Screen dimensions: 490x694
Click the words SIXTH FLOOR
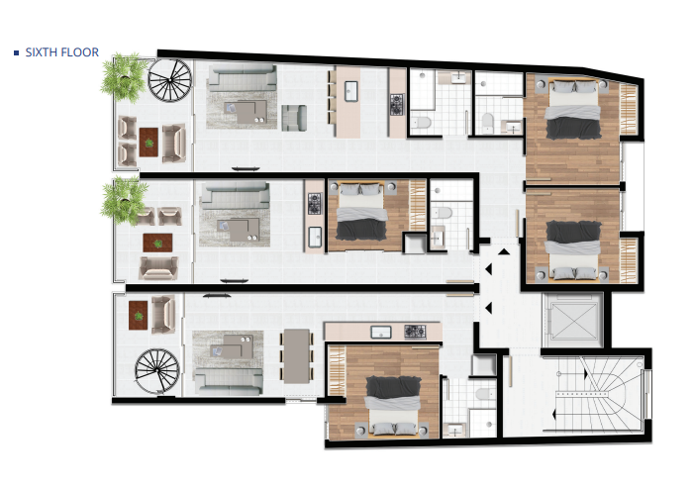click(60, 52)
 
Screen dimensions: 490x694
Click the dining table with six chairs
click(296, 354)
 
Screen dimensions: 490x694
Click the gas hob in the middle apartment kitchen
click(315, 204)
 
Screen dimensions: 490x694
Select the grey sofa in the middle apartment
click(235, 188)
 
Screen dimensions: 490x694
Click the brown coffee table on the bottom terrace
click(137, 311)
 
